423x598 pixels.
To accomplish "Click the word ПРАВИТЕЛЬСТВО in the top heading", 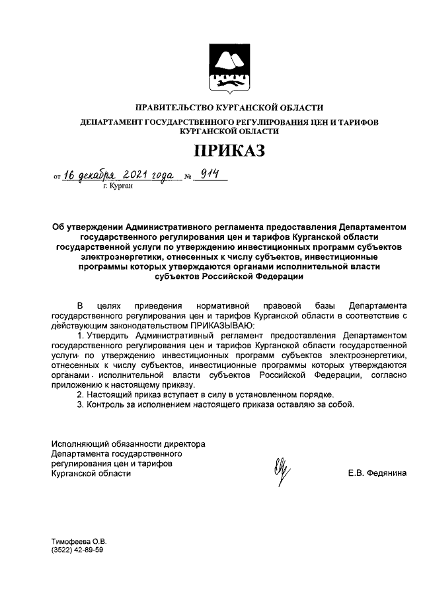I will tap(173, 108).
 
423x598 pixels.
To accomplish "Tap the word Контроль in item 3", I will tap(106, 404).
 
